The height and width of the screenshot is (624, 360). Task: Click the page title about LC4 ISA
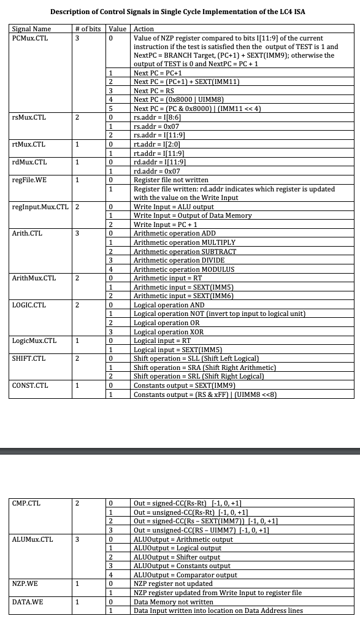tap(177, 12)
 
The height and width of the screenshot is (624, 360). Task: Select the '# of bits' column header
tap(88, 29)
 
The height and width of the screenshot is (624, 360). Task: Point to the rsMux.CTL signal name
tap(29, 117)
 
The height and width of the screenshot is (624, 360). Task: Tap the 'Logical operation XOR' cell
tap(169, 332)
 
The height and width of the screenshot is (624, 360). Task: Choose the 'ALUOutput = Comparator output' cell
tap(185, 575)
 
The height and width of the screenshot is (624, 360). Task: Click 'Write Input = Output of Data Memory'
tap(193, 215)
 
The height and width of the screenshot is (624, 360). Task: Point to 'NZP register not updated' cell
tap(174, 584)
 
